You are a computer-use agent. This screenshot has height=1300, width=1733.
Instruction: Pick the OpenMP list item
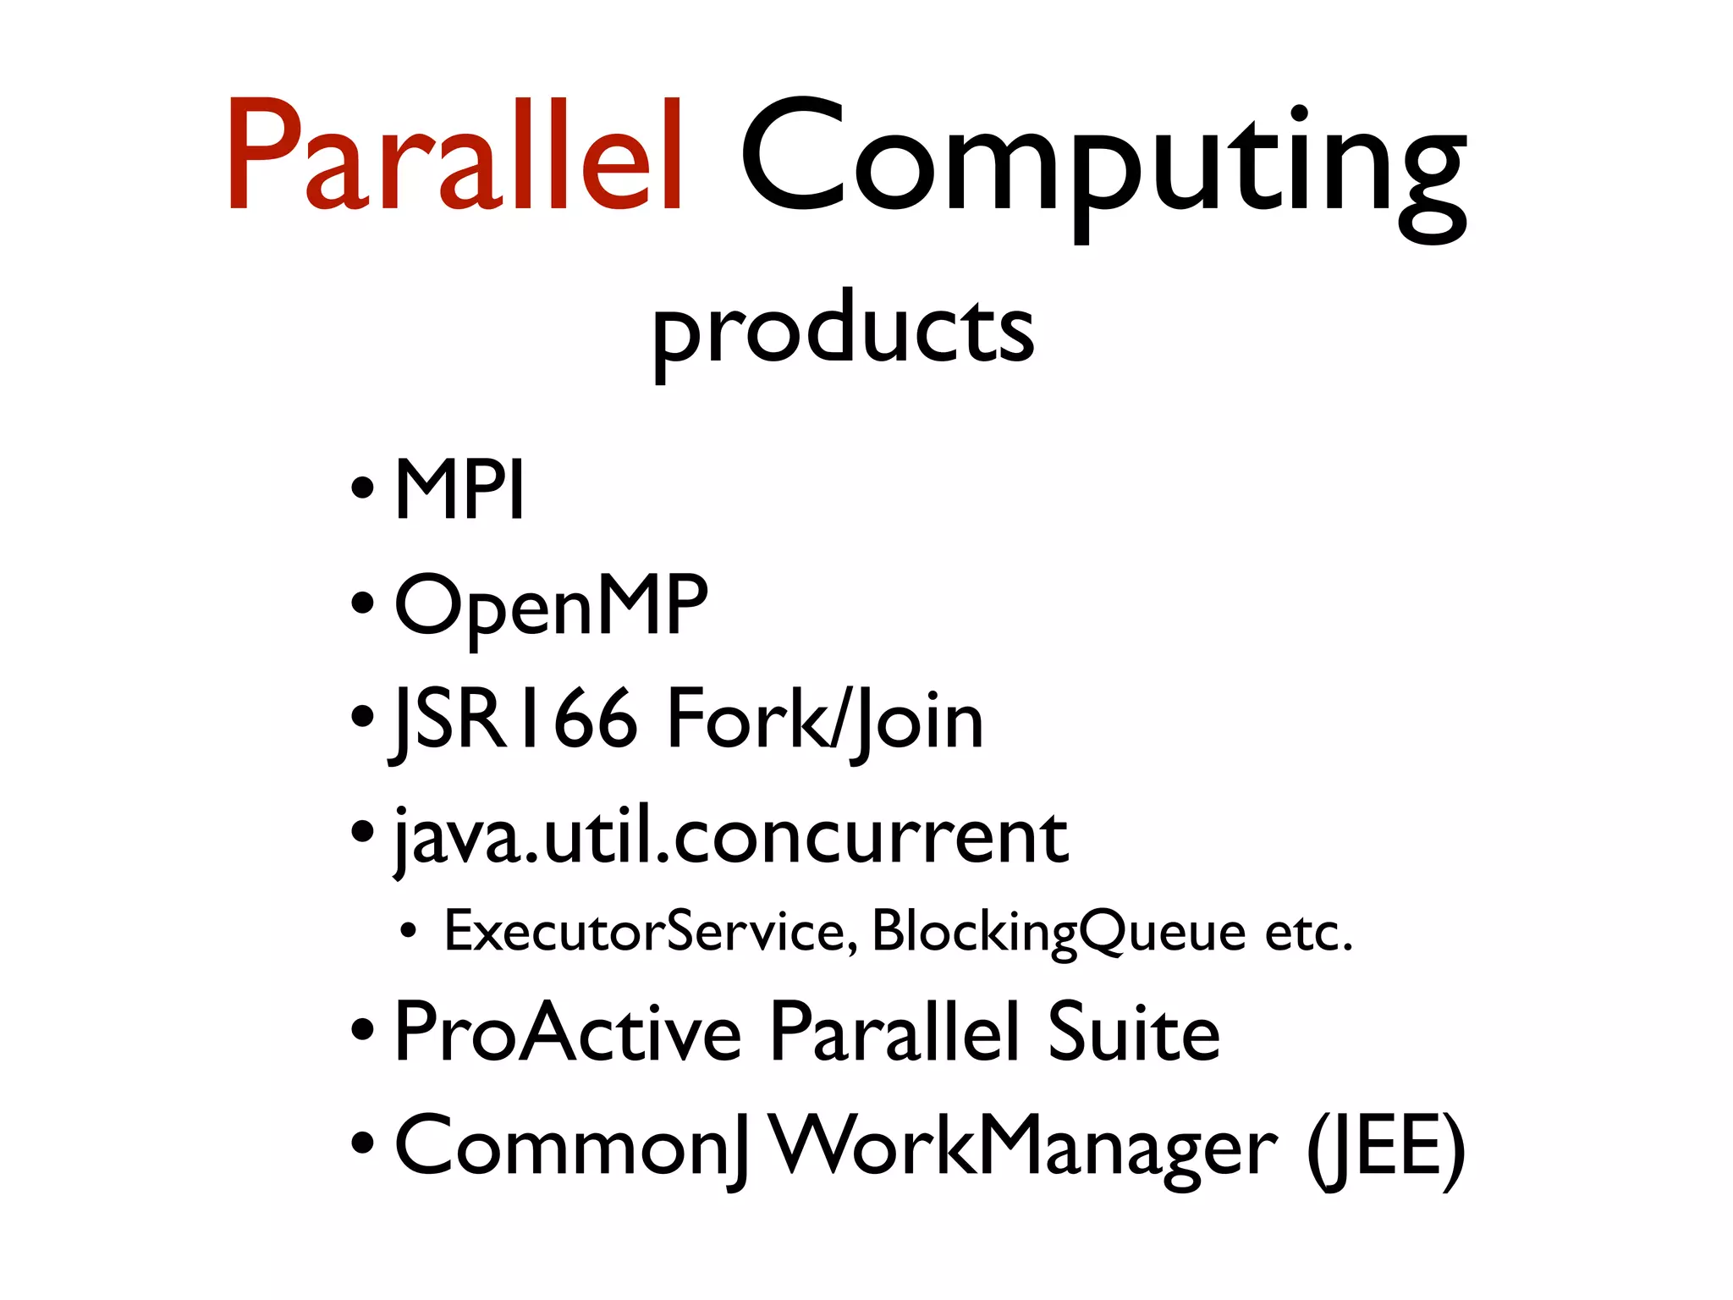(551, 604)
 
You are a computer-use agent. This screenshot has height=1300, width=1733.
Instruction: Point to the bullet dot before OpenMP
(362, 604)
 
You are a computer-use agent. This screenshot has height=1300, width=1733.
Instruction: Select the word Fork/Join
(825, 720)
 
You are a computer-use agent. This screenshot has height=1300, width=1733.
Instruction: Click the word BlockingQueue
(1059, 931)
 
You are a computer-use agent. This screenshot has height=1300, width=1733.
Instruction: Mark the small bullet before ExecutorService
(409, 932)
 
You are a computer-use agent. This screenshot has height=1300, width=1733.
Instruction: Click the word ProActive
(568, 1032)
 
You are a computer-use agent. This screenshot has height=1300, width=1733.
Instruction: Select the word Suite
(1134, 1032)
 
